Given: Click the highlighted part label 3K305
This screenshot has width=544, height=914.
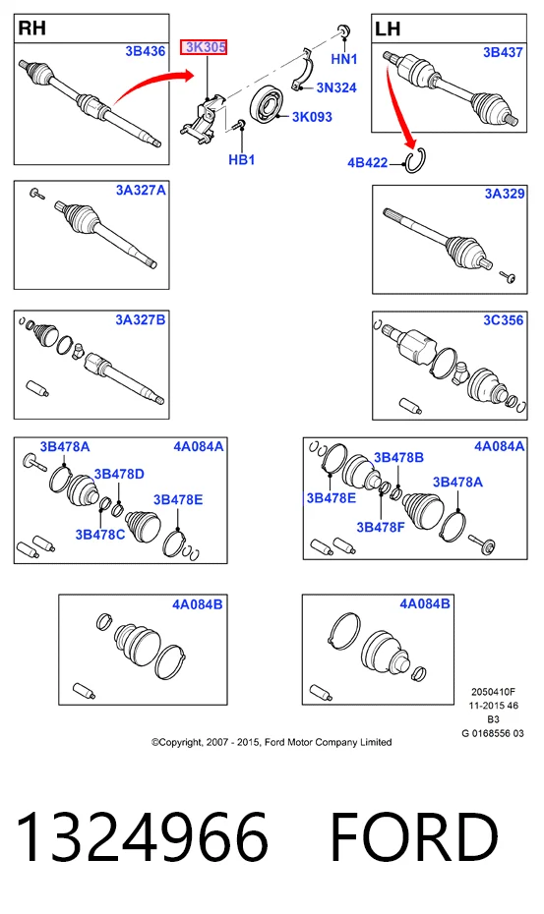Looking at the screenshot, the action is tap(203, 47).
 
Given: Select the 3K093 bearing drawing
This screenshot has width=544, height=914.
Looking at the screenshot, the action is tap(268, 105).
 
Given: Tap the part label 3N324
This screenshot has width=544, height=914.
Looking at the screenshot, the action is tap(336, 87).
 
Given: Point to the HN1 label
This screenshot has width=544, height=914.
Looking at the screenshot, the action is tap(343, 59).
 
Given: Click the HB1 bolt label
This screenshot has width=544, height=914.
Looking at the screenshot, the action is tap(242, 159).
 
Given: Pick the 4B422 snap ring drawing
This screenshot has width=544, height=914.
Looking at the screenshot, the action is tap(415, 161).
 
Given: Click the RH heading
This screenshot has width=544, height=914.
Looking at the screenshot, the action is tap(32, 28).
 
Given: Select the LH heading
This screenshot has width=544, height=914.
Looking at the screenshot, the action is tap(388, 29).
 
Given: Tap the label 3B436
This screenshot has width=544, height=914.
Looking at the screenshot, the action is tap(146, 51).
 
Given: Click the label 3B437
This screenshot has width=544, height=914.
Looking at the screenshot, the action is tap(503, 52).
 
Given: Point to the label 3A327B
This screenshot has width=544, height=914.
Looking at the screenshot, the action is tap(141, 320).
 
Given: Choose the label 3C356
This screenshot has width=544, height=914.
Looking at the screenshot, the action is tap(503, 320).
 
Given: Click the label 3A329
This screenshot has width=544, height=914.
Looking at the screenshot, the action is tap(505, 194).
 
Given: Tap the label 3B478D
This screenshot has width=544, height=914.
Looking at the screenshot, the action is tap(119, 474).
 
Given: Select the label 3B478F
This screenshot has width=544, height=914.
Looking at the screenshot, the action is tap(381, 527).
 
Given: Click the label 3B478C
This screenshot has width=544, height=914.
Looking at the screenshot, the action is tap(99, 534).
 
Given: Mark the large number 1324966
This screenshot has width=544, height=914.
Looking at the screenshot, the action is tap(142, 837).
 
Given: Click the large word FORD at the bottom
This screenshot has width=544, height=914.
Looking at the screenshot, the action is tap(414, 837).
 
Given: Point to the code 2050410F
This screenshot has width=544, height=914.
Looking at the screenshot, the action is tap(493, 692).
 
